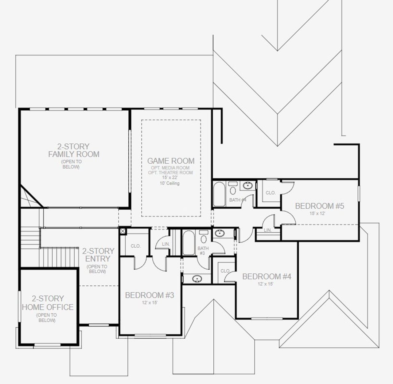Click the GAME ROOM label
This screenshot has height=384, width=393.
(171, 161)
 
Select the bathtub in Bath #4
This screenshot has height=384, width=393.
(219, 194)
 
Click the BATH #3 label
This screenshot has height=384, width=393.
(203, 251)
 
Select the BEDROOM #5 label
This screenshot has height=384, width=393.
(319, 206)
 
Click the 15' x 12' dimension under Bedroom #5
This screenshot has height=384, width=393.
(317, 213)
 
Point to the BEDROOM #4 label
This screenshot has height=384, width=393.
(267, 276)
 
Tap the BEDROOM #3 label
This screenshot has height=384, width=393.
(150, 295)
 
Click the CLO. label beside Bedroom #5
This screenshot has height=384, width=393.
(270, 193)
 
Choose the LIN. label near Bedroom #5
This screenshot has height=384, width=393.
(268, 230)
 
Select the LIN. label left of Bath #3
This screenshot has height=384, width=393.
(166, 244)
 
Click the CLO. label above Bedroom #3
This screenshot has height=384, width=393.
(135, 246)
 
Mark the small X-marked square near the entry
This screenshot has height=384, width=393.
(123, 231)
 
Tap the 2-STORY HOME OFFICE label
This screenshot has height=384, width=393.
(48, 303)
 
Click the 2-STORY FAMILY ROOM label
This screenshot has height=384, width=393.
(74, 150)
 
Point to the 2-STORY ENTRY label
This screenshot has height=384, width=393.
(98, 255)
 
